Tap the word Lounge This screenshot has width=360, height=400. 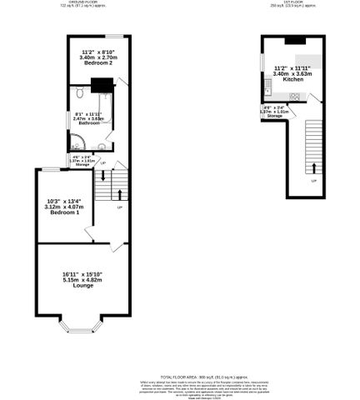[x=82, y=286]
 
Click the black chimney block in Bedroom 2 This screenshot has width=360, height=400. [x=102, y=82]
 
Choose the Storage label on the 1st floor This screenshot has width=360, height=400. [x=274, y=116]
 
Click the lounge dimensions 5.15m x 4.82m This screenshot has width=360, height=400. [x=82, y=280]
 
